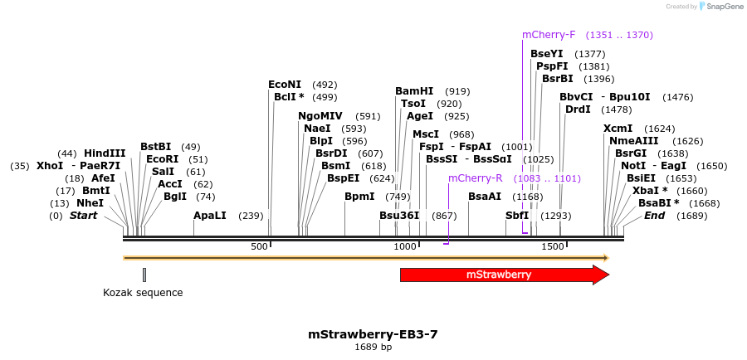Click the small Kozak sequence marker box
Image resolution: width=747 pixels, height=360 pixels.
coord(144,275)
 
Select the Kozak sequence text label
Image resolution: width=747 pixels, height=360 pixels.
coord(143,293)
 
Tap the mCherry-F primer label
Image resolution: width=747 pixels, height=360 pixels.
coord(549,35)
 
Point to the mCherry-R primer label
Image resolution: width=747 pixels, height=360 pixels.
coord(476,178)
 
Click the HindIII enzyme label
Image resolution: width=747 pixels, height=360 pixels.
coord(105,153)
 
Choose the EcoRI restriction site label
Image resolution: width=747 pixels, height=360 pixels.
coord(162,159)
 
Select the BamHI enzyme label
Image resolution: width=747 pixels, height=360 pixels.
coord(414,91)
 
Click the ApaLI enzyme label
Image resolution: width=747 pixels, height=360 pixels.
coord(210,216)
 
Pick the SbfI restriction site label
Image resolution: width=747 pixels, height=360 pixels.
coord(517,216)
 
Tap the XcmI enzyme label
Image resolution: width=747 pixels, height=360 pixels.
coord(618,129)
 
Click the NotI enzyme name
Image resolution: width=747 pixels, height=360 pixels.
coord(632,166)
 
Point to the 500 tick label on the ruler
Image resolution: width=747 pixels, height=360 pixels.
coord(260,247)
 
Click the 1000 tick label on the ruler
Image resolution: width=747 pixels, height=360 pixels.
coord(405,247)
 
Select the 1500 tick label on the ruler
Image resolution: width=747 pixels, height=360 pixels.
coord(552,247)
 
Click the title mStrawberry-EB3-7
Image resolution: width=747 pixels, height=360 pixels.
coord(373,334)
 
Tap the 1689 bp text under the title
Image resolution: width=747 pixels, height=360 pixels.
coord(373,348)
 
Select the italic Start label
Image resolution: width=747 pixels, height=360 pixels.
coord(83,216)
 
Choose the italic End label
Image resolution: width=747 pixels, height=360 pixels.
coord(654,216)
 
